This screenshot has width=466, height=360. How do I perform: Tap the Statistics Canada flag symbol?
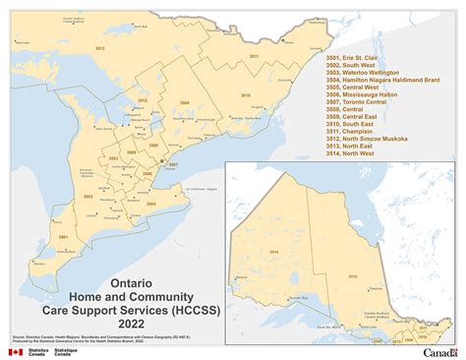pos(15,350)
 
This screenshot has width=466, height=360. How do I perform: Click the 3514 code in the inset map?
pos(272,252)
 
